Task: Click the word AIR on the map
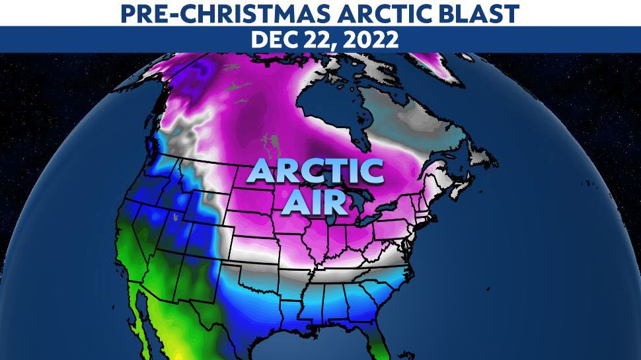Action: coord(315,201)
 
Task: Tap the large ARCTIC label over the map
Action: coord(315,171)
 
